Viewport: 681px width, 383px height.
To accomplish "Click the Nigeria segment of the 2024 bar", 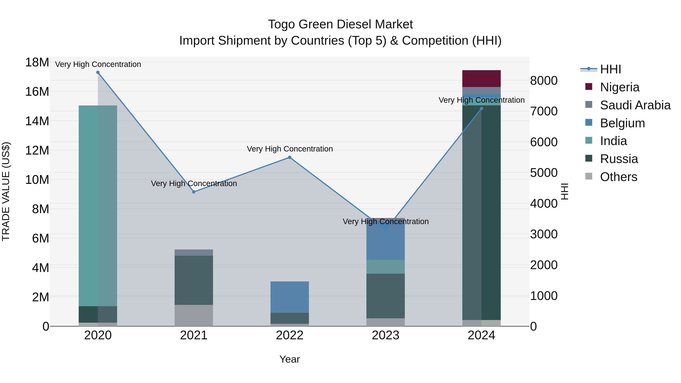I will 481,78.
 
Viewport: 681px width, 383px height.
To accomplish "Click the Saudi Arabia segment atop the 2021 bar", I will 194,252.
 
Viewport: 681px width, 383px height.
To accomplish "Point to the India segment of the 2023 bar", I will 386,267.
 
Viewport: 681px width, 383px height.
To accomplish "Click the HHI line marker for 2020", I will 98,72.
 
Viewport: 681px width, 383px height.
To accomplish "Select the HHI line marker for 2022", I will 289,158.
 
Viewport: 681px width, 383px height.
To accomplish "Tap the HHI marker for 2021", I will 194,192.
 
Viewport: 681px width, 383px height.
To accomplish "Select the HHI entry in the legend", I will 610,69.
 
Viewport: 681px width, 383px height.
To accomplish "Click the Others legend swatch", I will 589,176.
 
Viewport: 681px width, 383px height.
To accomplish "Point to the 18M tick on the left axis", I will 37,63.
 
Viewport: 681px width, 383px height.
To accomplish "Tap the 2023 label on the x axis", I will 386,335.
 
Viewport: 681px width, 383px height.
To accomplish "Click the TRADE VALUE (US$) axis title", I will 6,191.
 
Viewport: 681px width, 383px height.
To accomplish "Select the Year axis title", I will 289,359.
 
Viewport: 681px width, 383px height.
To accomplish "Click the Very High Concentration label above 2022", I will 289,149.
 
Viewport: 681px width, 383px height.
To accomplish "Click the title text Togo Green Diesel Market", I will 340,24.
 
